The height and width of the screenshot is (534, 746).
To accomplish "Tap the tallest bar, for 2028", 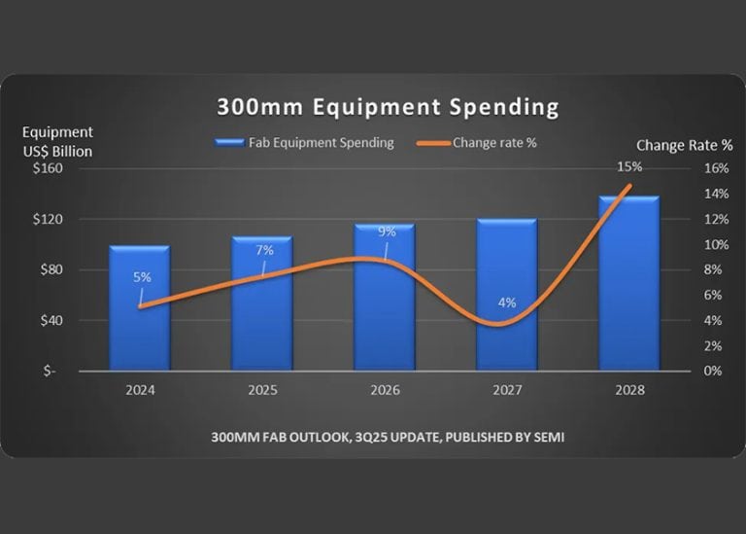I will (x=628, y=292).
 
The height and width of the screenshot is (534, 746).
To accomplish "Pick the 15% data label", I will (x=628, y=167).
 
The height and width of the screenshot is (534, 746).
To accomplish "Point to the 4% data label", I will (x=507, y=303).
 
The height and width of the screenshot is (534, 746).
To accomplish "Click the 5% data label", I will (x=142, y=277).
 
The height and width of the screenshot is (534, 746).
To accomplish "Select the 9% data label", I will (x=387, y=231).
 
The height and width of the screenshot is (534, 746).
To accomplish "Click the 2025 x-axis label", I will (x=262, y=390).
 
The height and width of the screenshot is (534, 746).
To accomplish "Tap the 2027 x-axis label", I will (x=506, y=390).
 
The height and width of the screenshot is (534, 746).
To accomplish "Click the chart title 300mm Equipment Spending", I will (x=374, y=105).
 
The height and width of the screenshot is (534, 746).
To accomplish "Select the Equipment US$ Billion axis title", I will (x=57, y=140).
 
